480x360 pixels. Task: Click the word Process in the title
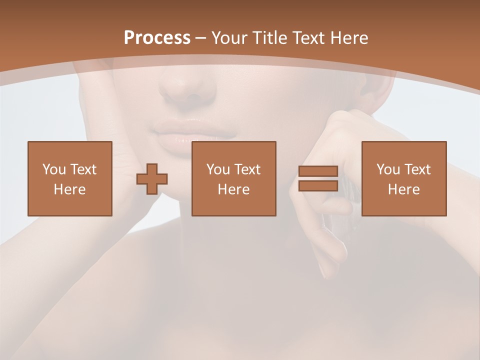157,38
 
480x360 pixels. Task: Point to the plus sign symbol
152,179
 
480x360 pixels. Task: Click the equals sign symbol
318,178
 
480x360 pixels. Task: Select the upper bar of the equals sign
318,171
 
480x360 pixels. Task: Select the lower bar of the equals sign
318,186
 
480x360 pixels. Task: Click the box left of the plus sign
70,178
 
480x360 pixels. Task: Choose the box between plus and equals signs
234,178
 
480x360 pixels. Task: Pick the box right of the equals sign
404,178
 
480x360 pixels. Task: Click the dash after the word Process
200,38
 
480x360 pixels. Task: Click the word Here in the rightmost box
404,189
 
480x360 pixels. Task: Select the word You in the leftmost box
53,169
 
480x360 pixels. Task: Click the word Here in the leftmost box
70,189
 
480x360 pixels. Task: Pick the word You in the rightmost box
387,169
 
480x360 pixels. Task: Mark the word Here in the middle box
234,189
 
